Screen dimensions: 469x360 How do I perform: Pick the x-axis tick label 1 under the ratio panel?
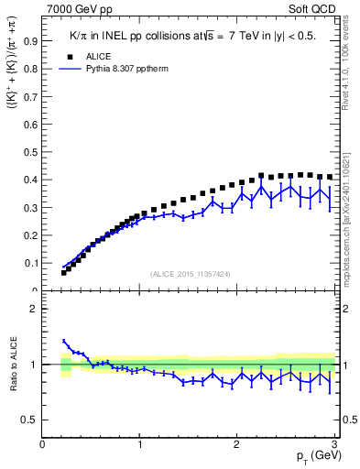139,444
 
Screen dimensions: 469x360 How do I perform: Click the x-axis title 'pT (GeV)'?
313,457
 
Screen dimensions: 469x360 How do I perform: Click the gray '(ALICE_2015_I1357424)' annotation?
189,274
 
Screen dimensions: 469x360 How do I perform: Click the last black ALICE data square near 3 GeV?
330,177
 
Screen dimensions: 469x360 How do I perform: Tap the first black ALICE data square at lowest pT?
64,273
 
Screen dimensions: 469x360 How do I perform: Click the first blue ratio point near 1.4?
64,341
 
